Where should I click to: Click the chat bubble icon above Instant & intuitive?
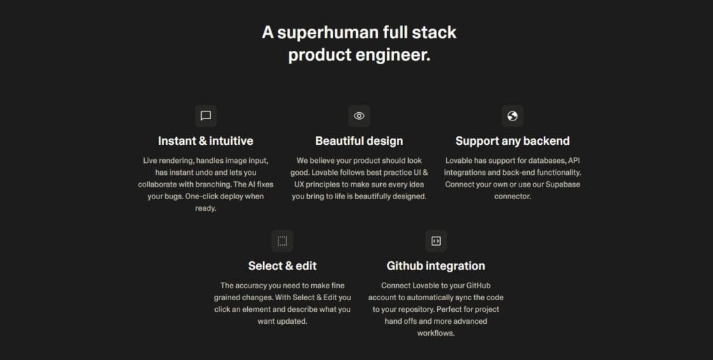(x=205, y=116)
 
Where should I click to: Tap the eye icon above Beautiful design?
(x=359, y=116)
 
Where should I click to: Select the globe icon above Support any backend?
(x=512, y=116)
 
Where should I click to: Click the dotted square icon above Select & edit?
(x=283, y=241)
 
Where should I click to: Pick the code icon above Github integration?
(x=436, y=241)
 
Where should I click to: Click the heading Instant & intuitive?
(x=205, y=141)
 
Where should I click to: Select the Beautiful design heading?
(x=359, y=141)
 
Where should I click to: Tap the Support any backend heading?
(x=512, y=141)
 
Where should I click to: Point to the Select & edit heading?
(x=283, y=266)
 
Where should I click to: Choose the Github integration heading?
(x=436, y=266)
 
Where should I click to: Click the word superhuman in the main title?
(x=328, y=33)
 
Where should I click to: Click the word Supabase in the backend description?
(x=563, y=185)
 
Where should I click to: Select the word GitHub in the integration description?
(x=478, y=285)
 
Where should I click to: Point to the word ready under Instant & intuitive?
(x=205, y=209)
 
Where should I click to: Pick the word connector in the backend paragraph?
(x=512, y=196)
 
